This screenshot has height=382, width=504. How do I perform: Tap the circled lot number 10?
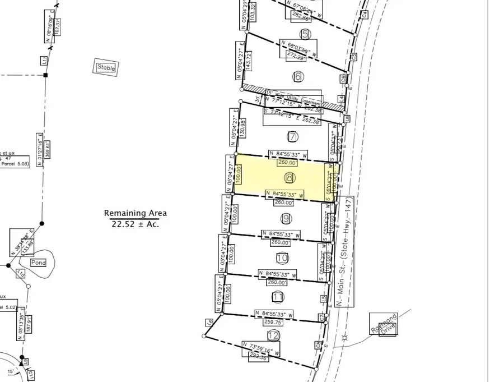pos(282,257)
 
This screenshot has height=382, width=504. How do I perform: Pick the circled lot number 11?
pos(278,297)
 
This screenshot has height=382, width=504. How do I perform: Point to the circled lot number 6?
pos(297,76)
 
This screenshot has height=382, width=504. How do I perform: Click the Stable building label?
pos(106,67)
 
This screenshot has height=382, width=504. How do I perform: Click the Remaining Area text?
pos(135,213)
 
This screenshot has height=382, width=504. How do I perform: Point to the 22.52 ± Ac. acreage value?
pos(135,223)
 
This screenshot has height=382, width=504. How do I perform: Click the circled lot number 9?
pos(286,218)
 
